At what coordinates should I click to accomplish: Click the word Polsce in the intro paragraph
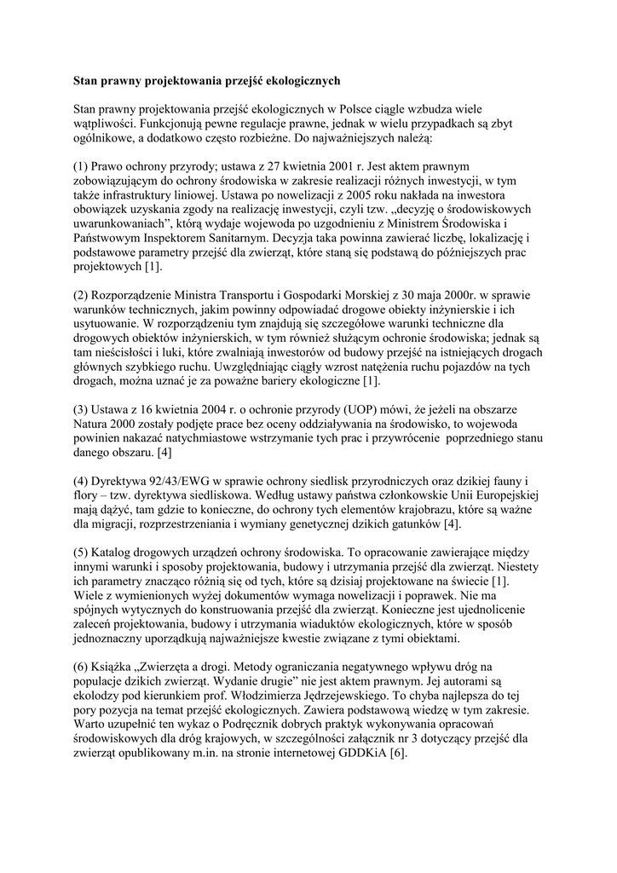tap(357, 109)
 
